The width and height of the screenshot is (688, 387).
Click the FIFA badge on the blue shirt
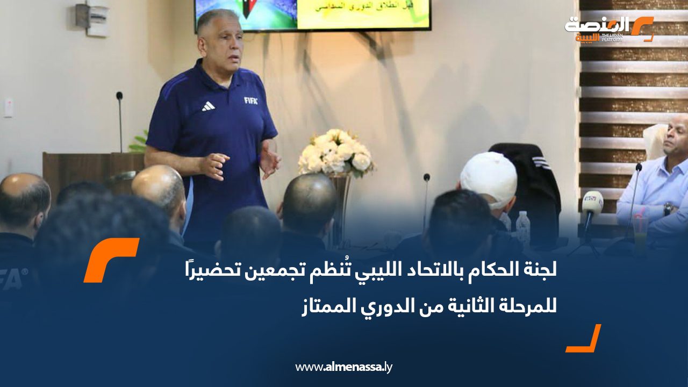coord(250,101)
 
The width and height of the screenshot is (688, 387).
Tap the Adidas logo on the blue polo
coord(208,106)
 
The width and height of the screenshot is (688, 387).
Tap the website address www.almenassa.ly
coord(344,368)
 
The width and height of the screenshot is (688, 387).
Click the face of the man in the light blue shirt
coord(676,137)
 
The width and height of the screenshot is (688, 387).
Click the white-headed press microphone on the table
coord(593,204)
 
